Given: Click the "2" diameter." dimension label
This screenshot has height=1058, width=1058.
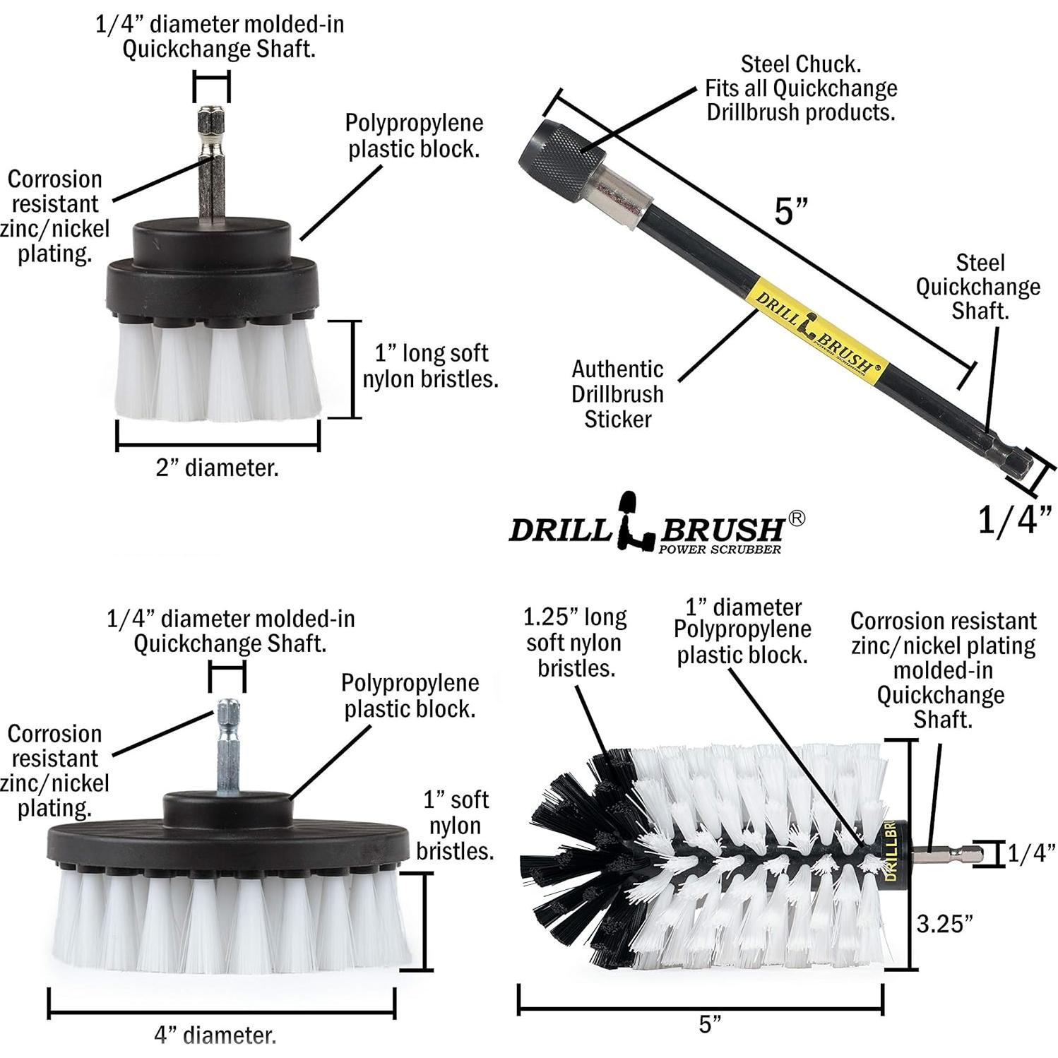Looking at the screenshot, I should [x=217, y=468].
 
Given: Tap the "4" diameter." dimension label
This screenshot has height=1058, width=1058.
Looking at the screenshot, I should [x=215, y=1035].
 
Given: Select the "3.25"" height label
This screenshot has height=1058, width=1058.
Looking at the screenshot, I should [x=945, y=923].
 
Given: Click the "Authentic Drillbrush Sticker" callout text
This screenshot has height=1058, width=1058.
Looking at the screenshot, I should [x=617, y=394].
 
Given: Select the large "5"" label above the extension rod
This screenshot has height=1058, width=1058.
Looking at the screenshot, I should [x=790, y=210].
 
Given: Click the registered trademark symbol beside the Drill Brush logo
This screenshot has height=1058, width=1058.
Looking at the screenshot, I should [x=795, y=518].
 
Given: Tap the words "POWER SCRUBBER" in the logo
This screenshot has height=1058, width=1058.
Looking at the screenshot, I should [x=719, y=549].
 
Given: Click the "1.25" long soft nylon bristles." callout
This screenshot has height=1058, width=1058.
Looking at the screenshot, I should [x=575, y=642].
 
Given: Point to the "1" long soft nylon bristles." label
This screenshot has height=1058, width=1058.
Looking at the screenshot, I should [x=430, y=366].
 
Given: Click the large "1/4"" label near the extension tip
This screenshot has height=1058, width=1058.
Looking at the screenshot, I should [x=1015, y=520].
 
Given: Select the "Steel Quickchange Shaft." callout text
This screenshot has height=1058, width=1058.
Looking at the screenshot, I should [x=978, y=287].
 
